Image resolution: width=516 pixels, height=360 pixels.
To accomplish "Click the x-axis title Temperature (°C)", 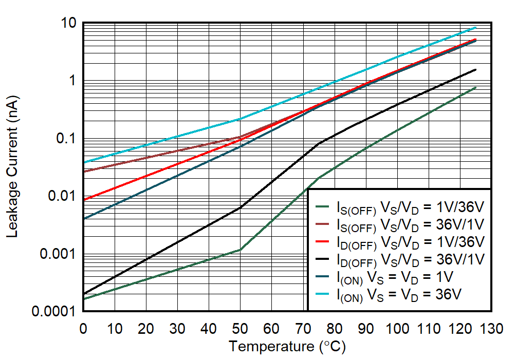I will coord(287,347).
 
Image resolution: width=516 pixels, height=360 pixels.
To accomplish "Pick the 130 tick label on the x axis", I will coord(491,329).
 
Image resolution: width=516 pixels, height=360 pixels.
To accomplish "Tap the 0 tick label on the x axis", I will coord(83,329).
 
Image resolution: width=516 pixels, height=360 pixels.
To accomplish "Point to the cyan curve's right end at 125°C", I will coord(475,27).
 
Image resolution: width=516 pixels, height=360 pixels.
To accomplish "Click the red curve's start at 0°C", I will coord(83,200).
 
